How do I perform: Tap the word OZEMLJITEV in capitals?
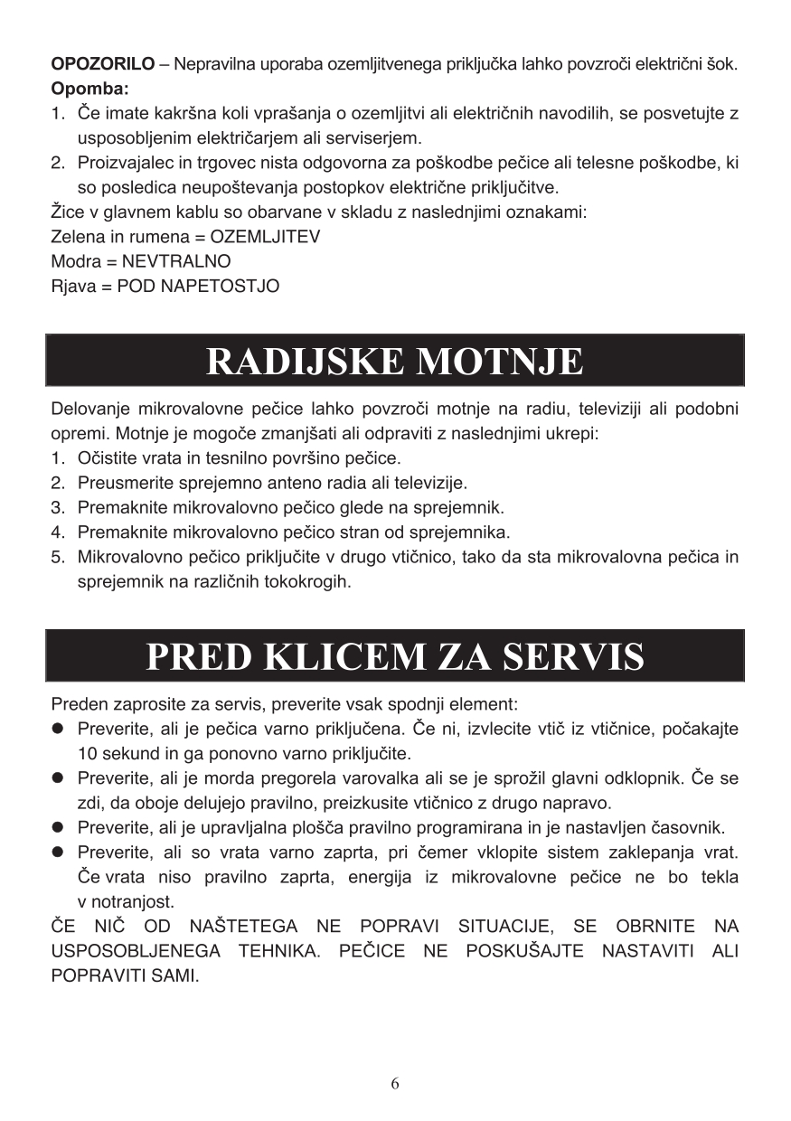(265, 237)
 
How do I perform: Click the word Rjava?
(72, 286)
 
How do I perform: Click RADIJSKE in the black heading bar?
(306, 362)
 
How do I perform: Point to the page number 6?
(395, 1084)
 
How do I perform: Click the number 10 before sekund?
(87, 753)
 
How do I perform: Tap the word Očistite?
(108, 458)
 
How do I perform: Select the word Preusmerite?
(123, 483)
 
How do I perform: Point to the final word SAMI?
(174, 976)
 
